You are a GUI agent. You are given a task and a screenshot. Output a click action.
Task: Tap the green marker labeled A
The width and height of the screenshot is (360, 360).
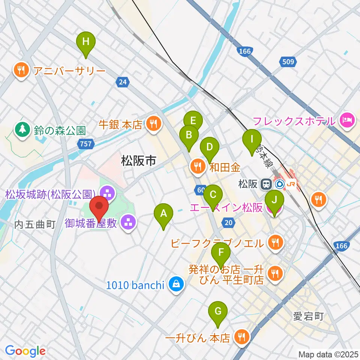point(163,214)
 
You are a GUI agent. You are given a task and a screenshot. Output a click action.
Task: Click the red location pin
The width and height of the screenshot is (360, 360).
point(99,207)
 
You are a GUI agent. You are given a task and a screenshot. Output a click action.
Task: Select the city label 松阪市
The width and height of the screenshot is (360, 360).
point(138,161)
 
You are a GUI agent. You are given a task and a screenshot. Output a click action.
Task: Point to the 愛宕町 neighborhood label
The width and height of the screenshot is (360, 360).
point(308,316)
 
